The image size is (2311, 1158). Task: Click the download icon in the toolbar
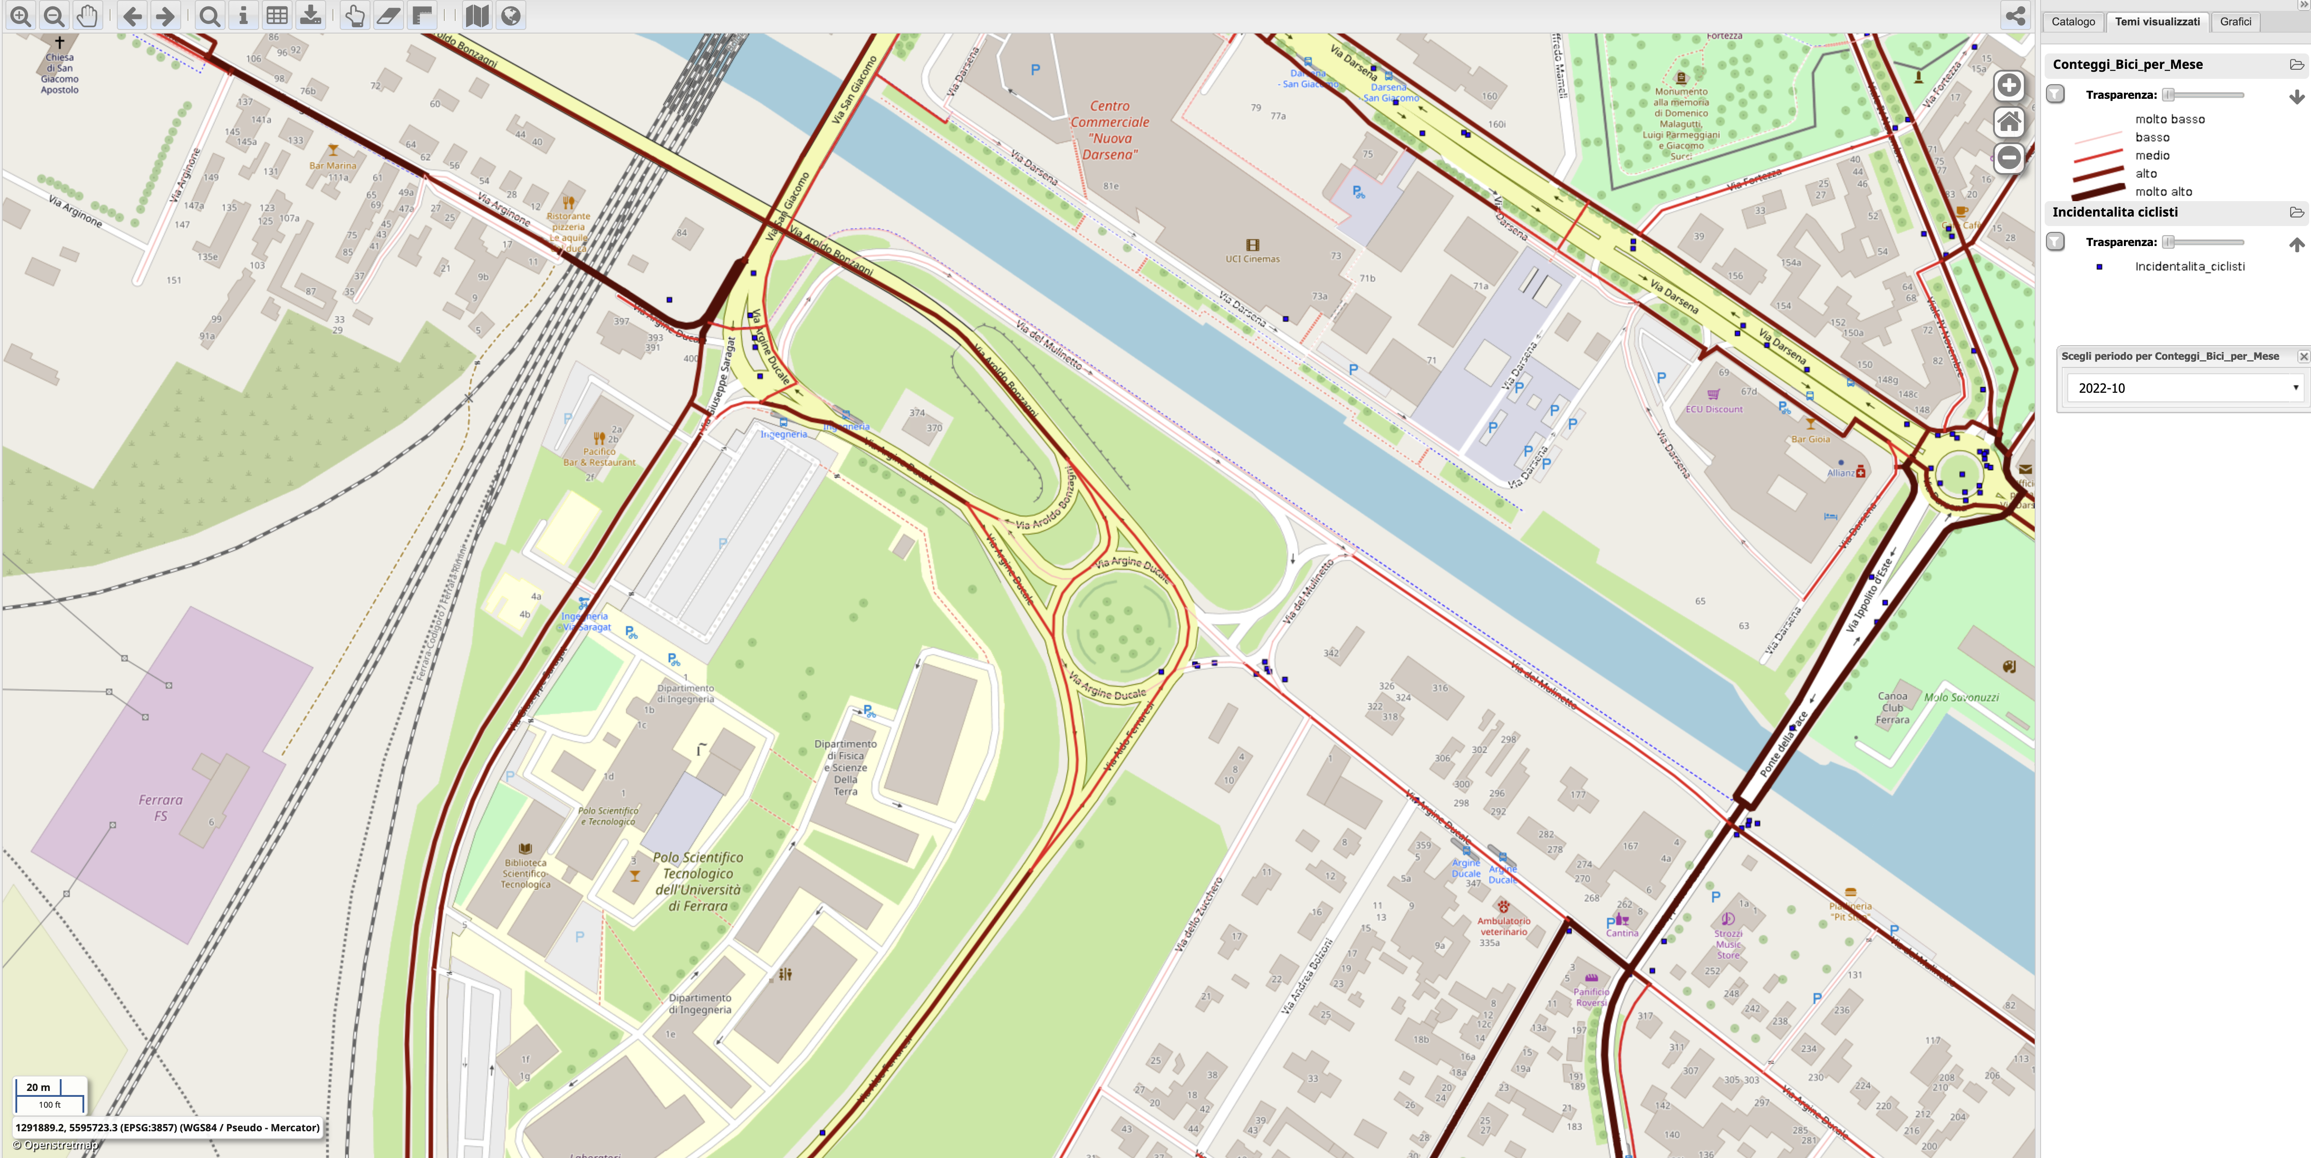pos(310,16)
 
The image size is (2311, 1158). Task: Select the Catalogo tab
pos(2072,22)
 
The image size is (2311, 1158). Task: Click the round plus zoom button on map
pos(2009,85)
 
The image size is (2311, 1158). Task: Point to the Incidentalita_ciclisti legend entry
pos(2189,266)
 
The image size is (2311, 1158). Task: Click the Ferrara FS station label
pos(161,807)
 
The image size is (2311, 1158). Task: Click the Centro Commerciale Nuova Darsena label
pos(1110,130)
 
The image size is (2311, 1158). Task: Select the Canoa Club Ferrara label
pos(1893,708)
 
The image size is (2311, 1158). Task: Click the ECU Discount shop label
pos(1714,409)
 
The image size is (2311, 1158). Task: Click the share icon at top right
pos(2015,16)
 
